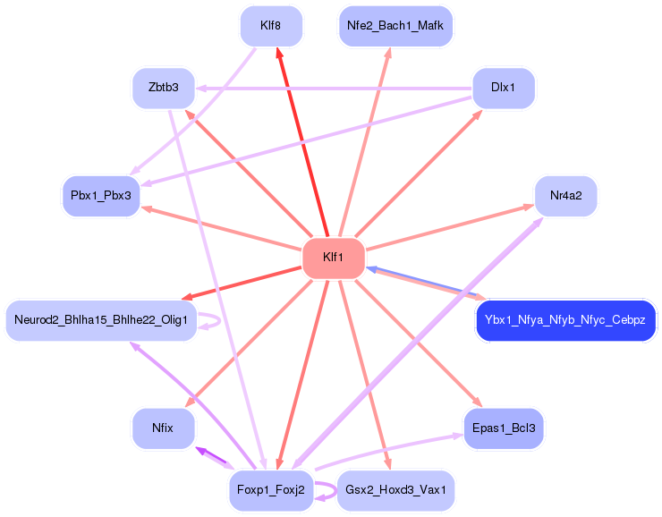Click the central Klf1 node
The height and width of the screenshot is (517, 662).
[334, 258]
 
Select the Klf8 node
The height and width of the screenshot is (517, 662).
[271, 26]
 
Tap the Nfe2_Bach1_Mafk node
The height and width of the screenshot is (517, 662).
[395, 26]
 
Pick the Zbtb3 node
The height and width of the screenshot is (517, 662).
[164, 88]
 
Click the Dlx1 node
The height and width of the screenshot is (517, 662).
[503, 88]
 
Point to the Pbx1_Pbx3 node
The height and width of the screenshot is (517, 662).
[101, 195]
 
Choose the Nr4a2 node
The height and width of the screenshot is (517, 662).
[565, 195]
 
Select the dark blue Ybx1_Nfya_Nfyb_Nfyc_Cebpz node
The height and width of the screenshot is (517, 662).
[565, 320]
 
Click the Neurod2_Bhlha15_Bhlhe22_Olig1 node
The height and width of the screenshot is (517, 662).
[101, 320]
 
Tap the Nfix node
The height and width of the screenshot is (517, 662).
[163, 428]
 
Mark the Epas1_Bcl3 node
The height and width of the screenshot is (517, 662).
[503, 428]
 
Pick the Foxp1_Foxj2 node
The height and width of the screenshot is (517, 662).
[271, 490]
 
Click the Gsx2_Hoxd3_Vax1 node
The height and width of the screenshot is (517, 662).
[395, 490]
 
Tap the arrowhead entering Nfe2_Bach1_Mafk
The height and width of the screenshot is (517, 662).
[388, 53]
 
